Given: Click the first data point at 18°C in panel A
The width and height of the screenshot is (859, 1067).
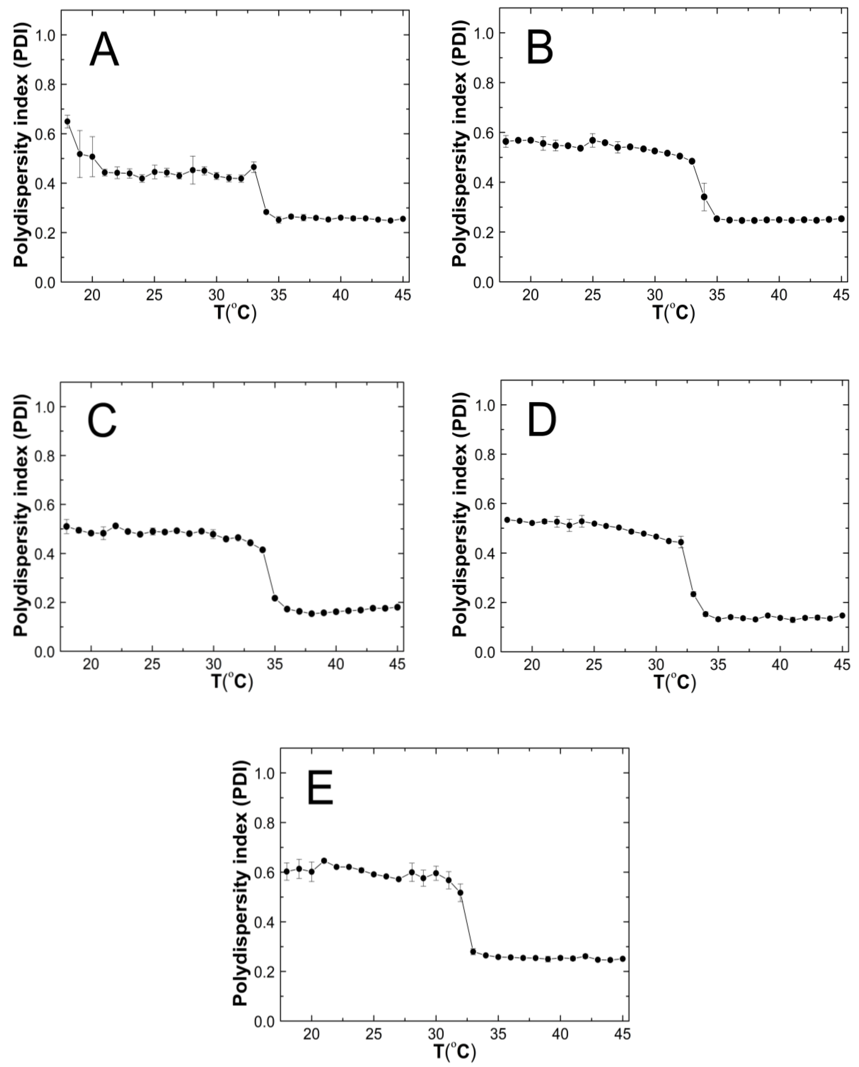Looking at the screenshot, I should pos(67,121).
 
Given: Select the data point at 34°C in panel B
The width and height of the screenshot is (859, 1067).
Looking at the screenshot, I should pos(704,197).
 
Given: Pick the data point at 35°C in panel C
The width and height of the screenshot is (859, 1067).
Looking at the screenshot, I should pos(275,598).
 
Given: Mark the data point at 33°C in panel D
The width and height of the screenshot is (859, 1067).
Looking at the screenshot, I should pos(693,594).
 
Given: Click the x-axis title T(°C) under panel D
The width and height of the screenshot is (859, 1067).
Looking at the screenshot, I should pos(675,683).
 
